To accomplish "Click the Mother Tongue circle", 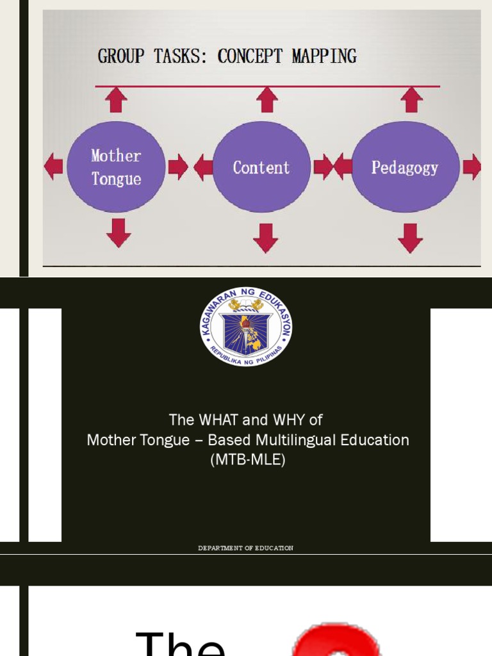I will [116, 167].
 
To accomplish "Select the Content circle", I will [261, 167].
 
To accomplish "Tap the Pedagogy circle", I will [405, 167].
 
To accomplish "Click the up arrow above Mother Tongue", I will [116, 100].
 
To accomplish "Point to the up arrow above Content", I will [266, 100].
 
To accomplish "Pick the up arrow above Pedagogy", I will [411, 100].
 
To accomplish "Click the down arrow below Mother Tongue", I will [119, 233].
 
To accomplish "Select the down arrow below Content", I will [265, 238].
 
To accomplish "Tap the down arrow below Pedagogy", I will [410, 238].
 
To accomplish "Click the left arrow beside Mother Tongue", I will [53, 167].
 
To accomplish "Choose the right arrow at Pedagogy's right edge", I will [472, 167].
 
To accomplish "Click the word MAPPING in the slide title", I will [324, 56].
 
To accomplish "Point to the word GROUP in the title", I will [121, 56].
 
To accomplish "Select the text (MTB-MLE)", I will [247, 460].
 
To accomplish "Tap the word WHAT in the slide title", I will [220, 420].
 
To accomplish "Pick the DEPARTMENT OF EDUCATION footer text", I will [246, 548].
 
